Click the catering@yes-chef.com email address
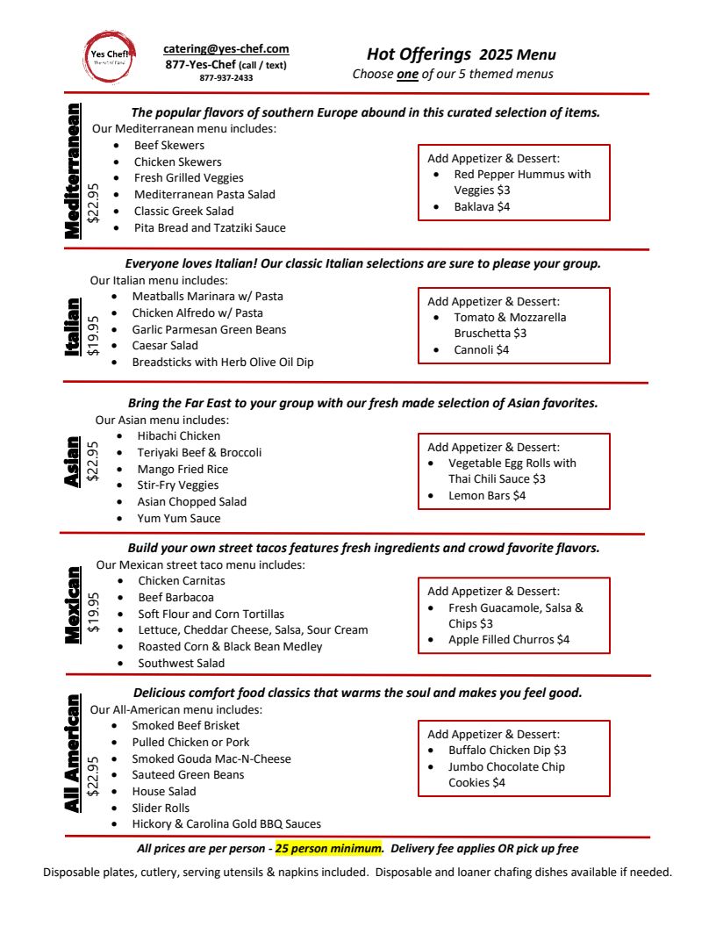(226, 49)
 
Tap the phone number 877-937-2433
(226, 78)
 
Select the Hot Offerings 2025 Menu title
(461, 54)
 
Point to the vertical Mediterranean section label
(73, 170)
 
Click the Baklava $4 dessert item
(482, 207)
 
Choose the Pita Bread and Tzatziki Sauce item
(210, 228)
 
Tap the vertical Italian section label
(73, 327)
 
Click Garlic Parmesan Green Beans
(209, 330)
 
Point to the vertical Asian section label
(73, 462)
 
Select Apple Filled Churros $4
(509, 640)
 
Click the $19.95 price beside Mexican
(94, 612)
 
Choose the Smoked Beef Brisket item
(185, 726)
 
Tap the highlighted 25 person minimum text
(329, 849)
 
